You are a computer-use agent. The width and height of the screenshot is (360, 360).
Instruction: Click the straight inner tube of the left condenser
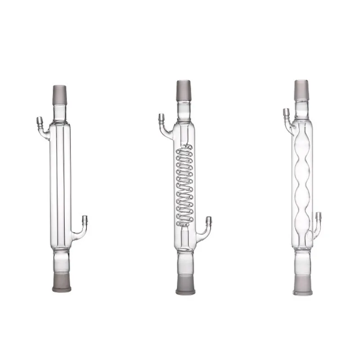(x=60, y=180)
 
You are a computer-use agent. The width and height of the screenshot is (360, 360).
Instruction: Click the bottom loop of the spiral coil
(x=184, y=221)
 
